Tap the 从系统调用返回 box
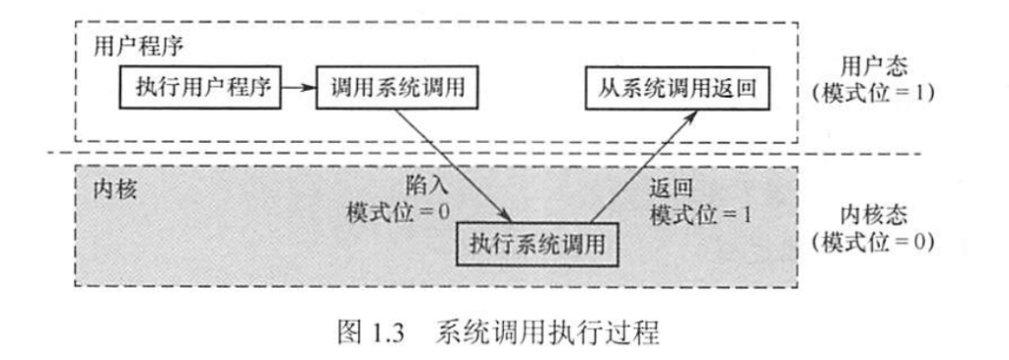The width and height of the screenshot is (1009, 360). pyautogui.click(x=675, y=89)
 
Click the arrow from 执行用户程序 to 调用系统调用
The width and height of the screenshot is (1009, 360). pyautogui.click(x=296, y=89)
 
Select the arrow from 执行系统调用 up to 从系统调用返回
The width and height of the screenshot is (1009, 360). pyautogui.click(x=641, y=168)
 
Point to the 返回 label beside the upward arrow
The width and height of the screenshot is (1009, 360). pyautogui.click(x=670, y=184)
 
